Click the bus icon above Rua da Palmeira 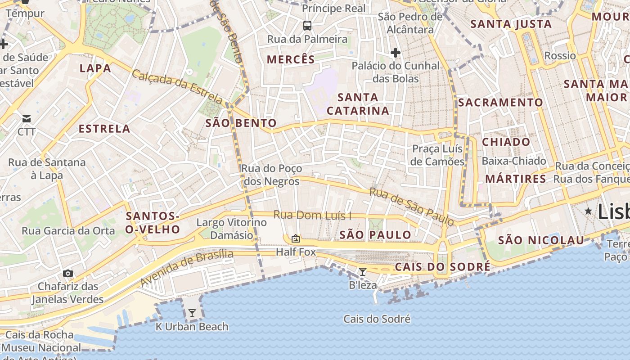point(307,26)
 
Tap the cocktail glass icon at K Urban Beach point(192,313)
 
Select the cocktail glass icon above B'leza point(362,271)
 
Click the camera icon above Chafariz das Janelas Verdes point(68,273)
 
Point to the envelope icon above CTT point(27,119)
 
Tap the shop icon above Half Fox point(296,238)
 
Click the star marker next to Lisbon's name point(588,211)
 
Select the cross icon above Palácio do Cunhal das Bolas point(396,53)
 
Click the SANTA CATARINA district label point(358,104)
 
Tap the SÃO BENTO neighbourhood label point(241,123)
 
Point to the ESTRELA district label point(104,129)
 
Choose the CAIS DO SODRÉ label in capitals point(442,267)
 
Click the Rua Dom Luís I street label point(312,216)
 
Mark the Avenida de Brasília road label point(187,269)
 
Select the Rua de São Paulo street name point(412,207)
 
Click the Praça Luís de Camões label point(437,155)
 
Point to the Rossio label point(560,56)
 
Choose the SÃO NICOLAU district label point(540,240)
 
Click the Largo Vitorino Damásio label point(231,229)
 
